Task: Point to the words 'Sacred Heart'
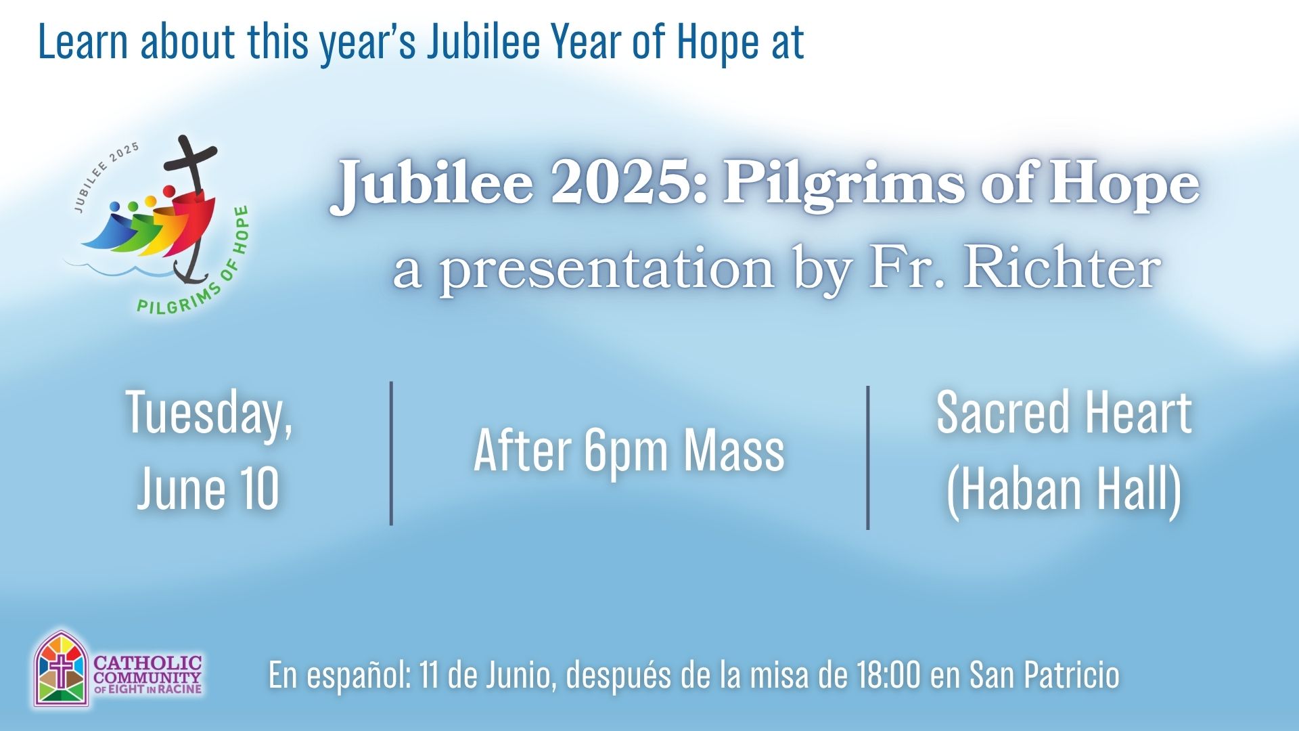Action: click(1064, 412)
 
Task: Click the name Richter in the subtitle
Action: click(1062, 267)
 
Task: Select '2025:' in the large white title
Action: click(629, 183)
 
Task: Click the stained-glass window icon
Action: click(62, 669)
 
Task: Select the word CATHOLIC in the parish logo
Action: click(147, 662)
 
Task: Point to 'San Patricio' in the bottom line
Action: click(1045, 675)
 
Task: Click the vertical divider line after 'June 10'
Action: click(391, 453)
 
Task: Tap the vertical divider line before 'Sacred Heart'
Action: click(867, 457)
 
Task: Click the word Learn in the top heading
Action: click(83, 42)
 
